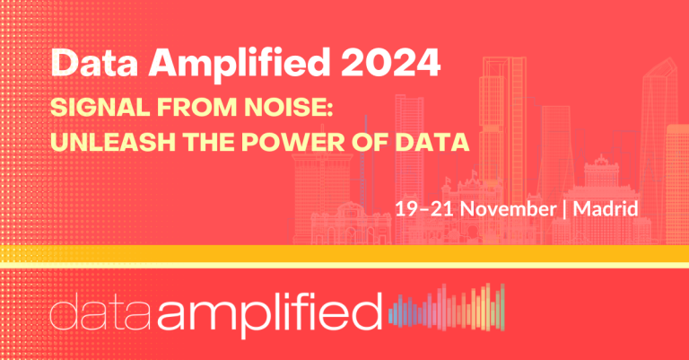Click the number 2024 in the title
(x=391, y=63)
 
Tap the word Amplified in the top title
(x=239, y=65)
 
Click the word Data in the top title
(x=94, y=63)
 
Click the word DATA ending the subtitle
(x=432, y=142)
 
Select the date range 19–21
(x=424, y=208)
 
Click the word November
(x=509, y=208)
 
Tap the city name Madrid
(x=606, y=208)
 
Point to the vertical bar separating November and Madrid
(x=565, y=209)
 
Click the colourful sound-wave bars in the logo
(x=447, y=307)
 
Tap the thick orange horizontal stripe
(x=344, y=254)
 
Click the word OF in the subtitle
(x=370, y=142)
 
